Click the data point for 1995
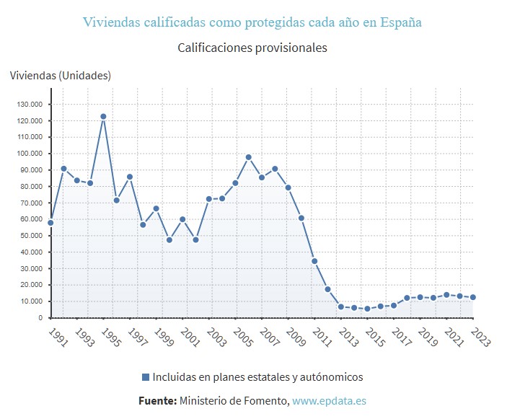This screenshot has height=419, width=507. pos(103,116)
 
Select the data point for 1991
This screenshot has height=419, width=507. pos(50,223)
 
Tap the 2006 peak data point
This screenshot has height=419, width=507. pos(248,157)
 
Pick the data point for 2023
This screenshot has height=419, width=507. pos(472,297)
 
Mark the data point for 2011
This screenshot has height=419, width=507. pos(314,261)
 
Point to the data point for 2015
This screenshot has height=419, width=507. pos(367,309)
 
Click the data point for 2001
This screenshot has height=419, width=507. pos(182,219)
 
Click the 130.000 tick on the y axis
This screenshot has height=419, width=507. pos(30,104)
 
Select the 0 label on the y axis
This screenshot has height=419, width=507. pos(42,318)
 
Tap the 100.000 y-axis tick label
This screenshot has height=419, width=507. pos(30,154)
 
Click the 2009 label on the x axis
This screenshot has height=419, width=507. pos(295,338)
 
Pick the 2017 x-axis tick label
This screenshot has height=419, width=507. pos(400,338)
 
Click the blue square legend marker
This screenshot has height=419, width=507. pos(146,377)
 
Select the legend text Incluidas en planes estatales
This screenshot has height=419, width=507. pos(257,377)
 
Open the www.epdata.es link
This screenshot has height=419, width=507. pos(330,400)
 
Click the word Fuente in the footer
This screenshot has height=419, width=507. pos(157,400)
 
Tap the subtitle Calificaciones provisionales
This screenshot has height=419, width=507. pos(252,48)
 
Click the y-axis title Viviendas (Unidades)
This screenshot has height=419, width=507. pos(61,75)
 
